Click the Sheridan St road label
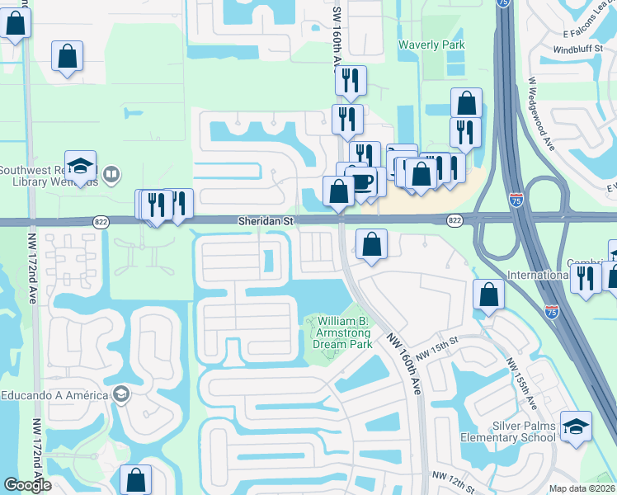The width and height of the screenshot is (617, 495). pos(266,221)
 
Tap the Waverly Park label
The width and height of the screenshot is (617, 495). pos(431,45)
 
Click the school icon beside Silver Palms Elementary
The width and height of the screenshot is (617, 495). pos(576,427)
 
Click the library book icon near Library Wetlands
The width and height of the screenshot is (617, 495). pos(111,174)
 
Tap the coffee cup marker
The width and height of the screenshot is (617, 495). pos(363,178)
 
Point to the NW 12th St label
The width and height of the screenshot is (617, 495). pos(452,476)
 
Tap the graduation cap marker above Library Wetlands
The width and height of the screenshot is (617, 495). pos(80,166)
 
